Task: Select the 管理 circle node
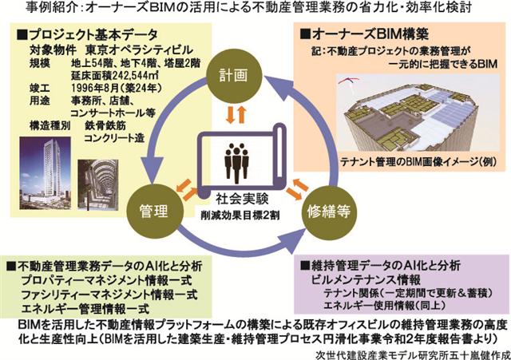click(150, 211)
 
